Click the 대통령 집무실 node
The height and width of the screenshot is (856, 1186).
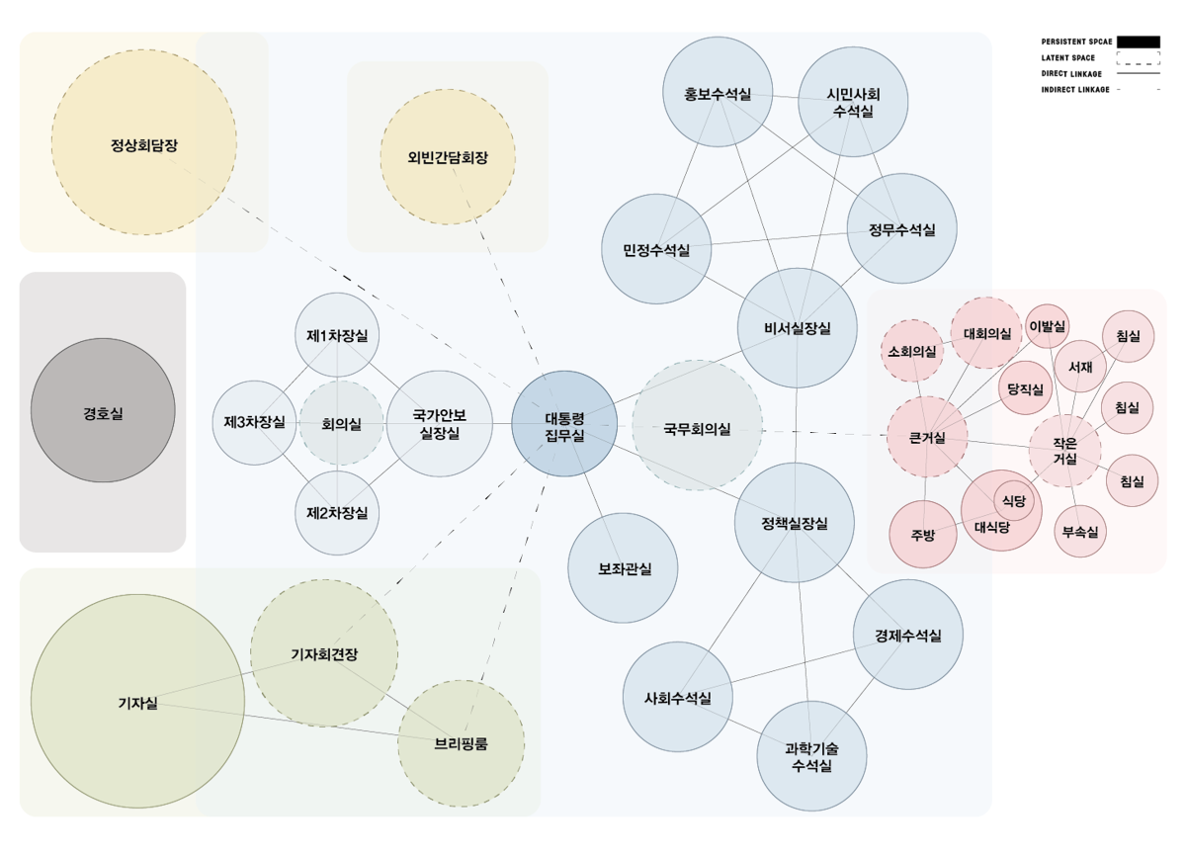[564, 424]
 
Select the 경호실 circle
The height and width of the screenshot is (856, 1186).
[103, 411]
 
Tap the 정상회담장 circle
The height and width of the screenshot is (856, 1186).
[144, 142]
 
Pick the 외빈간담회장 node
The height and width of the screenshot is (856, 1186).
[448, 157]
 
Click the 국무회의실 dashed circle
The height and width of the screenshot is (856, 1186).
[697, 426]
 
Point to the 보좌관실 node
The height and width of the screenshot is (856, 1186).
[623, 568]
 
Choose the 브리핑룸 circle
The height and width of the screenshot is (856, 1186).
[461, 743]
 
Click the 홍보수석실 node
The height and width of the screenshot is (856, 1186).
[717, 94]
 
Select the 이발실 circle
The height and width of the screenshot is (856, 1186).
[1047, 326]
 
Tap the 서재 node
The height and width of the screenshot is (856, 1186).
[1079, 367]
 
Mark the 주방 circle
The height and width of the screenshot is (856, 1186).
[923, 535]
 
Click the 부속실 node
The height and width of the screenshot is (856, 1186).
[1079, 532]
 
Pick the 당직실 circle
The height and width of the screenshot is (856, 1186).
[1025, 389]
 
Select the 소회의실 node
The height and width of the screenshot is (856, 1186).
[911, 351]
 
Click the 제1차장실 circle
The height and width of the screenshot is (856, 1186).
[337, 335]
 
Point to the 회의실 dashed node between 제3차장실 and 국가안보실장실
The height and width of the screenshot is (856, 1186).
[341, 424]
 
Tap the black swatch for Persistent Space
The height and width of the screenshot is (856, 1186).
[1139, 42]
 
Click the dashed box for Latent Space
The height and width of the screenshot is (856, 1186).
[1139, 57]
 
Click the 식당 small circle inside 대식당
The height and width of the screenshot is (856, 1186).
[1014, 501]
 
